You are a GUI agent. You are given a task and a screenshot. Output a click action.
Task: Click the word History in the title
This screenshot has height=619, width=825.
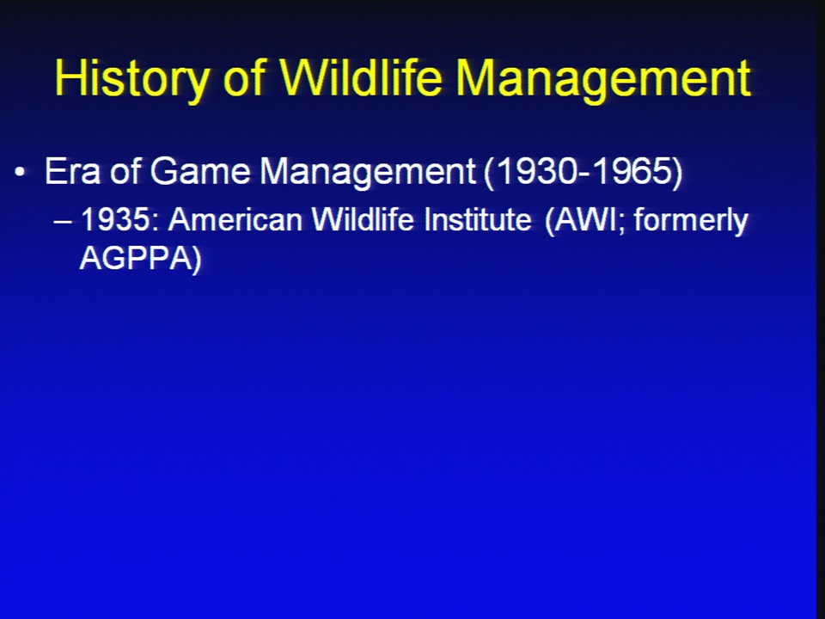[132, 79]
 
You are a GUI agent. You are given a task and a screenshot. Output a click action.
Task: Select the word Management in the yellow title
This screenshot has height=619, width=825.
[603, 79]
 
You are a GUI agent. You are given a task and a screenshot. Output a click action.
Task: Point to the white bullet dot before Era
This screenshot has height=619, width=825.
[20, 172]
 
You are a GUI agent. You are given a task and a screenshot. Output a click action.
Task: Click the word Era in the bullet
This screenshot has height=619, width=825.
[72, 171]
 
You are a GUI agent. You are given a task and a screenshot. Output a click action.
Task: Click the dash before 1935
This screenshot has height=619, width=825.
[63, 222]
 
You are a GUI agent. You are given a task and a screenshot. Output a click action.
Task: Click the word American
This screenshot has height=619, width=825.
[235, 219]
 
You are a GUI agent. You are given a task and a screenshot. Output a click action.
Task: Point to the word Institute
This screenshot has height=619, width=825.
[478, 219]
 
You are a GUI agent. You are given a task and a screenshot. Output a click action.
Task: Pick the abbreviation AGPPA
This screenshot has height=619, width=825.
[135, 259]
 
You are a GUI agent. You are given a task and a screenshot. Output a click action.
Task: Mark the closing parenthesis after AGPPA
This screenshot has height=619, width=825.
[197, 260]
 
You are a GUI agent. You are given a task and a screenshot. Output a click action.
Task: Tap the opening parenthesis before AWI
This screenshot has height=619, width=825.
[550, 221]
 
